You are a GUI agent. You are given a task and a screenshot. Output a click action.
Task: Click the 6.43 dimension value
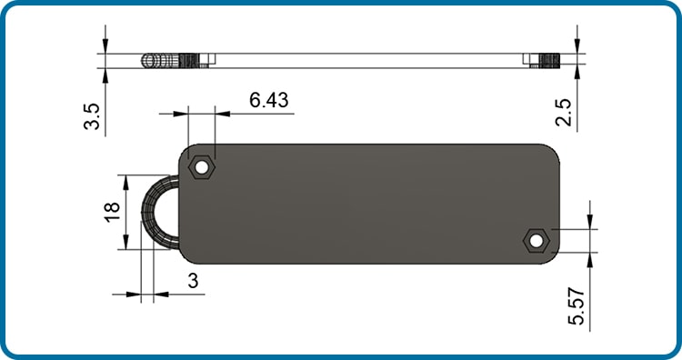268,100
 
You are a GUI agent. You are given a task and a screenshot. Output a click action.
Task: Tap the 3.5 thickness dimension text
92,116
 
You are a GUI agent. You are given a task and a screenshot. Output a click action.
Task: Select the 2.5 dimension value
564,112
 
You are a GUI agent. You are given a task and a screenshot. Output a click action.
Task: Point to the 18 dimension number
112,212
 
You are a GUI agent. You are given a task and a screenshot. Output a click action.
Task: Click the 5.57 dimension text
577,306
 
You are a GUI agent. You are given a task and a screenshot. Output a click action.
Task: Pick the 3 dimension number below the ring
193,281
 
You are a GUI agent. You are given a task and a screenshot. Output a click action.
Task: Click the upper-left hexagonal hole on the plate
201,166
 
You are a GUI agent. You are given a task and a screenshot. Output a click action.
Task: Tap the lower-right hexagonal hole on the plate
537,240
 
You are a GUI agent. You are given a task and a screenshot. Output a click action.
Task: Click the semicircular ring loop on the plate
150,212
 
